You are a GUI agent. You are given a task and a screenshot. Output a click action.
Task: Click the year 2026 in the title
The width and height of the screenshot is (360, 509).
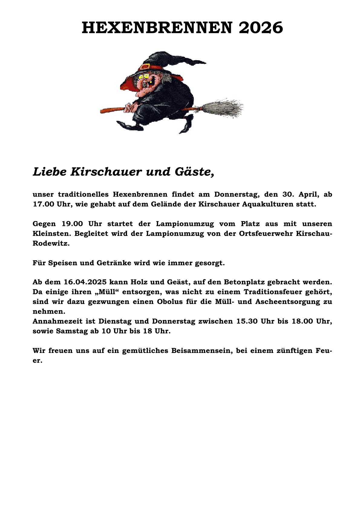coord(261,28)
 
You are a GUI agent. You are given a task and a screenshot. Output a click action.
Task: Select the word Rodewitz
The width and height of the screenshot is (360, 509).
coord(51,243)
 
